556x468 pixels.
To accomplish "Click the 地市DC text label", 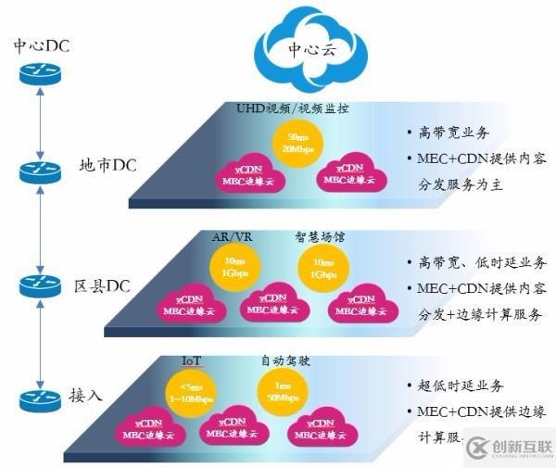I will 108,168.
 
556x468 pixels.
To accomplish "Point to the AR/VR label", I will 233,236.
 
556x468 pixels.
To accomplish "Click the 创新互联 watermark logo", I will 508,448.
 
